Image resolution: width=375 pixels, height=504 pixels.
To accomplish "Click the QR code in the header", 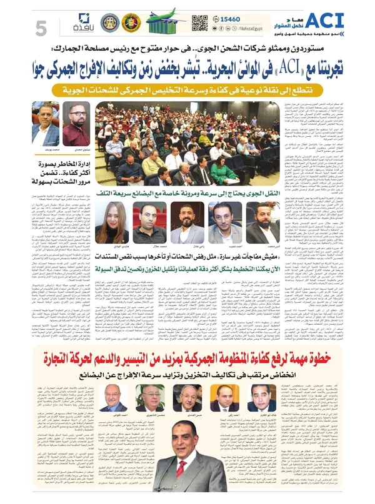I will point(199,23).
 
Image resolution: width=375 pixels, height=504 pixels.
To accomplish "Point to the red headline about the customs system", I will point(187,345).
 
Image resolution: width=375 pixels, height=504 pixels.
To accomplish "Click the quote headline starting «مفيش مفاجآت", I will point(187,260).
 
